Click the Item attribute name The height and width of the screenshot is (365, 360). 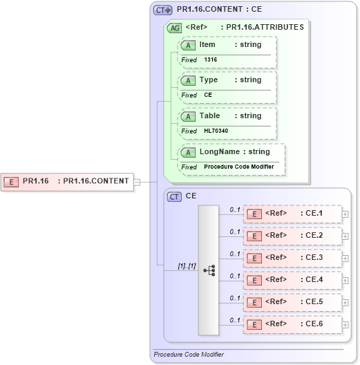[207, 45]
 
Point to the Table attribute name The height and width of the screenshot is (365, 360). [209, 116]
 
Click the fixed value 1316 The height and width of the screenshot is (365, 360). [210, 60]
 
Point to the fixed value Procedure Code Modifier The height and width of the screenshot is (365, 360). [239, 167]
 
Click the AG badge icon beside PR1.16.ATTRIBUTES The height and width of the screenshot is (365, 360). [175, 28]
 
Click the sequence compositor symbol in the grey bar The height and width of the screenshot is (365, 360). [209, 270]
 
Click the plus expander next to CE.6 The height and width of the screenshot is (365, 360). [345, 324]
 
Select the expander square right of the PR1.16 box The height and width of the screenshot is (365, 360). [137, 182]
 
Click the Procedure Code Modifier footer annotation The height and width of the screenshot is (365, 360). [189, 355]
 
